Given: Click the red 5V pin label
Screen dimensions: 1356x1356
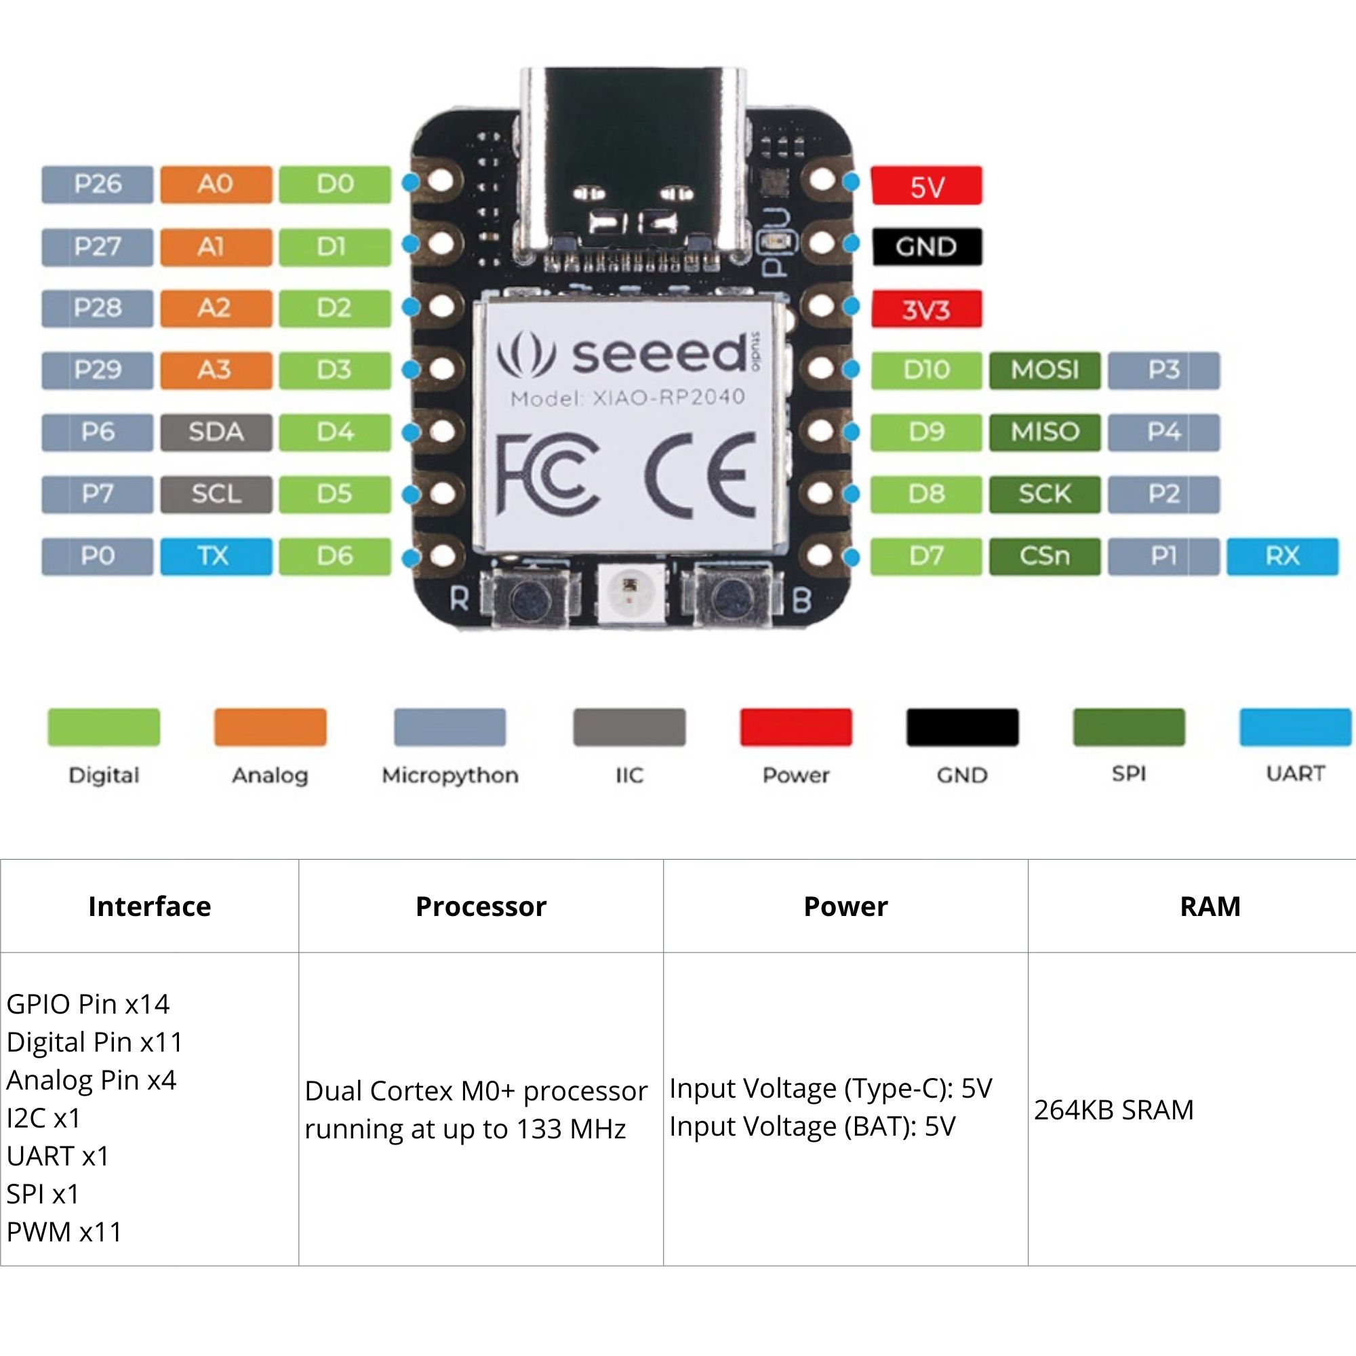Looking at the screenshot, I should pos(925,186).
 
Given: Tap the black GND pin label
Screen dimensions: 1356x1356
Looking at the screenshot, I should pos(925,246).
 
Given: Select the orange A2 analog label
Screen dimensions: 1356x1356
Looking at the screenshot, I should pos(216,308).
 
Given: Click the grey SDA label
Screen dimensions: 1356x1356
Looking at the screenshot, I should pos(216,432).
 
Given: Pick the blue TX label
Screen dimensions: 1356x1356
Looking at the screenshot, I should pos(216,556).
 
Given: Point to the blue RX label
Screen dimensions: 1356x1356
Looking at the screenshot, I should pos(1281,556).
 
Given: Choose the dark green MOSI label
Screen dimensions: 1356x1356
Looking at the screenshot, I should pos(1044,370).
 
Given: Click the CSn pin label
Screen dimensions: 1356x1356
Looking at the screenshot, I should pos(1044,556).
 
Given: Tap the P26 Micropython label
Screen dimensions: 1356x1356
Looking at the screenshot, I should pos(97,184).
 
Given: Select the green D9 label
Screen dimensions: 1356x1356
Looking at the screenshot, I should pos(925,432).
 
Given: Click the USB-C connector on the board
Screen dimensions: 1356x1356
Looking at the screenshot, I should pos(633,161).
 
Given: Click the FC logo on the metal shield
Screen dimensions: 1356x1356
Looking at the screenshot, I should pos(547,474).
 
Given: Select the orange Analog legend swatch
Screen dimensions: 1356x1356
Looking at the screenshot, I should pos(271,727).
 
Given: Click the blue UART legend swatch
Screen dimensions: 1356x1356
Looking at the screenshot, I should pos(1295,727).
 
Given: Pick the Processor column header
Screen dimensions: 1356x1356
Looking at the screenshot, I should pos(481,906).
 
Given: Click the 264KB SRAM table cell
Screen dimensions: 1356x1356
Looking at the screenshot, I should pos(1113,1110).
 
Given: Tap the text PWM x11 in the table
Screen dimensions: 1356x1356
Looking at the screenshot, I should pos(64,1231).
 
